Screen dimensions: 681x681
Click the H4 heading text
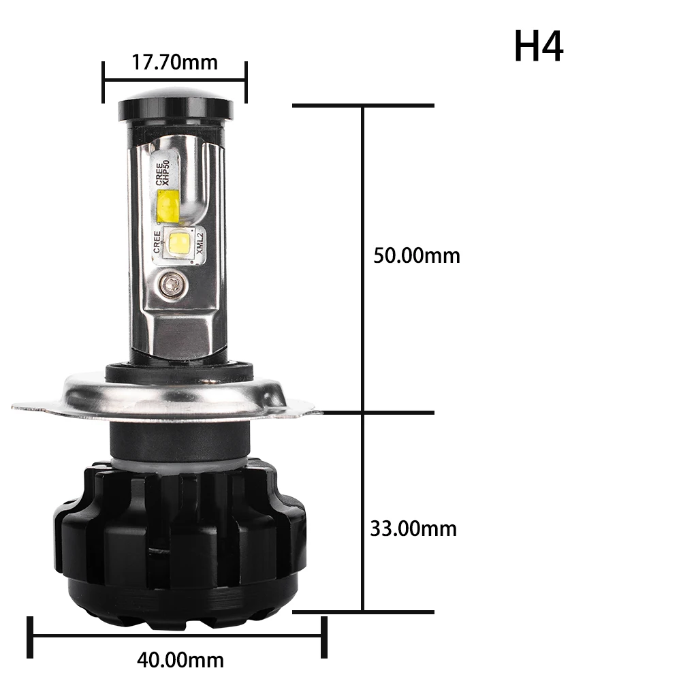[539, 46]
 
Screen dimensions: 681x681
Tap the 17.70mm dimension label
[174, 62]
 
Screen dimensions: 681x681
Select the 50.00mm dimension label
[417, 255]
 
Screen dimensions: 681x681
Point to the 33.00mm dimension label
[413, 528]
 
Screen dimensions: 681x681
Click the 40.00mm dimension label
[180, 660]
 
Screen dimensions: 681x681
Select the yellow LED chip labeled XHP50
[168, 206]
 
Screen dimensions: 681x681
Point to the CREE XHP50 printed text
[162, 172]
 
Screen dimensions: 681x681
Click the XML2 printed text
[200, 243]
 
